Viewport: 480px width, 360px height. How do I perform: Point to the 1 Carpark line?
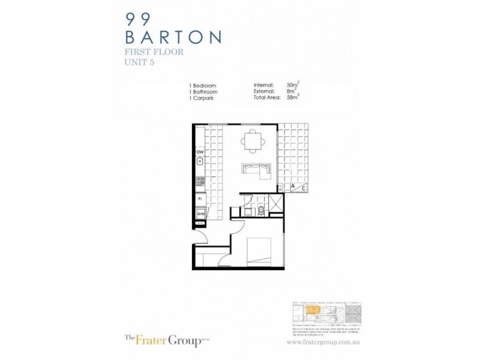pyautogui.click(x=202, y=98)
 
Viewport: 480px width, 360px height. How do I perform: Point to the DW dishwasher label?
pyautogui.click(x=200, y=152)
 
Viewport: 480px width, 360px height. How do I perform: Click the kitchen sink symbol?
pyautogui.click(x=200, y=161)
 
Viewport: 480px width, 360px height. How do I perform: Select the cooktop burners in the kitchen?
pyautogui.click(x=200, y=180)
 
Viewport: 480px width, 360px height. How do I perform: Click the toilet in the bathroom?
pyautogui.click(x=263, y=209)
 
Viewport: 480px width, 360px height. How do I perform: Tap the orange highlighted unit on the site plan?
pyautogui.click(x=311, y=310)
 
